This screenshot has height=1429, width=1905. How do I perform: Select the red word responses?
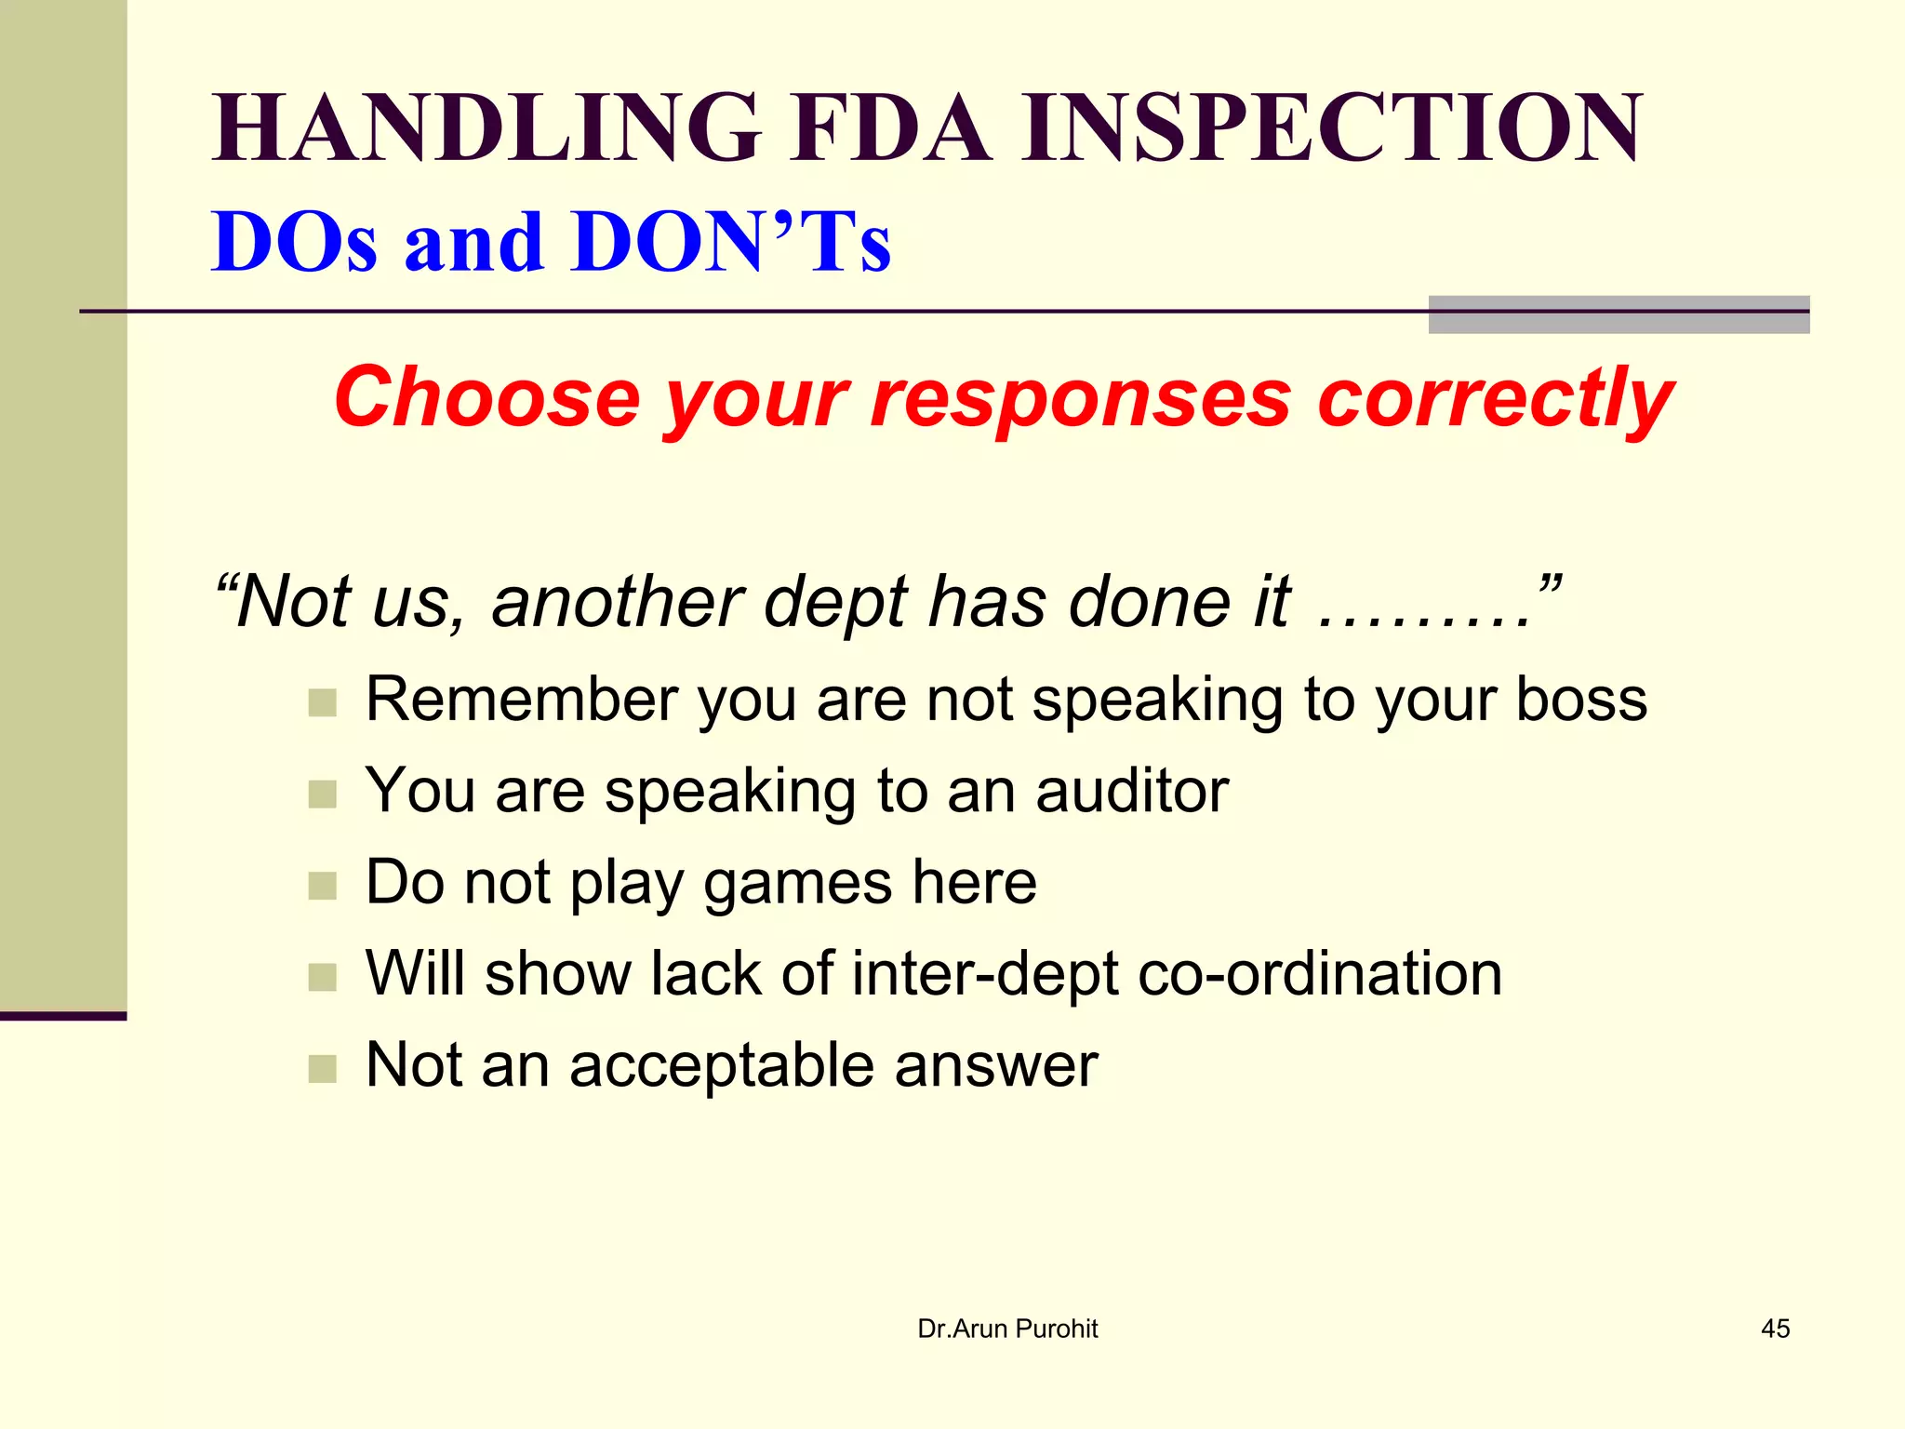tap(1080, 397)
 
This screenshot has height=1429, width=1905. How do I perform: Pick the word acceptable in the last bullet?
tap(721, 1064)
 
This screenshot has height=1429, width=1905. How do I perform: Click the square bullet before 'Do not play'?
tap(322, 886)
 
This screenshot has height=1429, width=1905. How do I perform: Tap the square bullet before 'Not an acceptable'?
tap(322, 1069)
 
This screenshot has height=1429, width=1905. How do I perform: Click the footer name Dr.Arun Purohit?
tap(1007, 1329)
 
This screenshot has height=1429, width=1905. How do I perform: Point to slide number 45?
tap(1775, 1329)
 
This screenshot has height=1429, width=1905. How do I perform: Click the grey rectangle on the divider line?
tap(1619, 314)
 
